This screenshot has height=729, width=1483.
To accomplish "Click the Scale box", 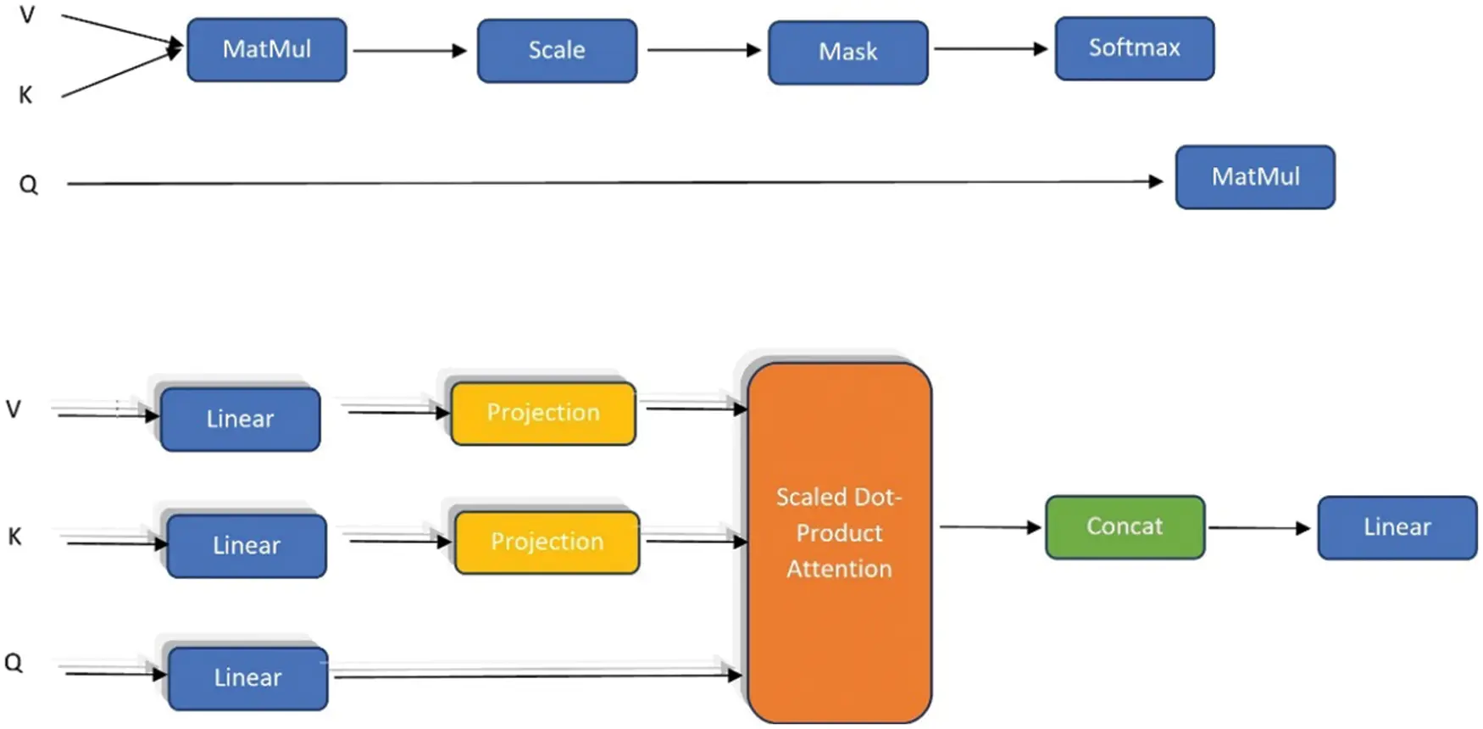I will pos(557,51).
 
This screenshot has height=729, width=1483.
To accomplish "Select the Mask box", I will pos(847,53).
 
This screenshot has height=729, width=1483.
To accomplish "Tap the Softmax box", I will pos(1134,48).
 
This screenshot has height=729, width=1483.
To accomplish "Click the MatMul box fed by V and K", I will pos(266,50).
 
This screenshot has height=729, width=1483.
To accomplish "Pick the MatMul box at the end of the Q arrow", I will pos(1255,177).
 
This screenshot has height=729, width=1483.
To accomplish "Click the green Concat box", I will pos(1125,527).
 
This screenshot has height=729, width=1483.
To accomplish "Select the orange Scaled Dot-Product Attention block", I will pos(839,543).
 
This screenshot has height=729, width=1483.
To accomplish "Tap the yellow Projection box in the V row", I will pos(543,414).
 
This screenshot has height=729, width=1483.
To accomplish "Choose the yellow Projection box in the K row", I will pos(547,543).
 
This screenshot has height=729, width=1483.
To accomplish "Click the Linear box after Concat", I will pos(1397,527).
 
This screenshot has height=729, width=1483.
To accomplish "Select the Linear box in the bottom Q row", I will pos(247,678).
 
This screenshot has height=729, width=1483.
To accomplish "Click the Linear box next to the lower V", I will pos(240,420).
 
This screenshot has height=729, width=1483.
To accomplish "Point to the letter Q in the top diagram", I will pos(28,184).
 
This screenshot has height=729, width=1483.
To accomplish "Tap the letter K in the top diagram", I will pos(25,95).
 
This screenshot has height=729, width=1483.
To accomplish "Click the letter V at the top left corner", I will pos(27,15).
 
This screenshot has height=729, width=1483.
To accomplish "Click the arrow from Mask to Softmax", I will pos(990,49).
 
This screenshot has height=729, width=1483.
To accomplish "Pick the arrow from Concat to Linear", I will pos(1259,528).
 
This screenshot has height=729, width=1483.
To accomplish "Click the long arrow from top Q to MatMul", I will pos(610,182).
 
